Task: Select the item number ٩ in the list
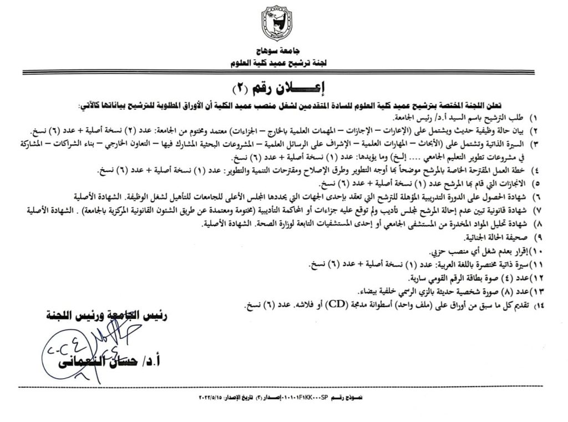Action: [x=535, y=238]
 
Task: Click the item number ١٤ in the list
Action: [x=534, y=306]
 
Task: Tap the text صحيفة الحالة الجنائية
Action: [x=499, y=238]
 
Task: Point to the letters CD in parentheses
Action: [x=334, y=304]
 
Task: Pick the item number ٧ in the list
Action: [x=535, y=211]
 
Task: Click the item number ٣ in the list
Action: [x=535, y=144]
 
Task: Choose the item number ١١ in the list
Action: [x=534, y=265]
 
